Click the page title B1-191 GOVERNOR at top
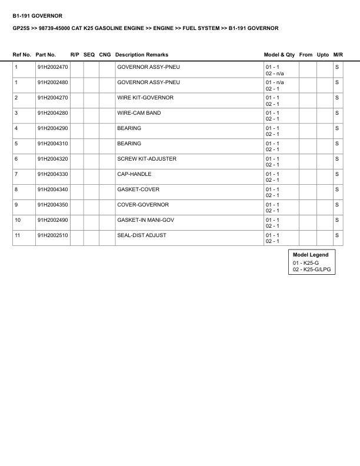[37, 15]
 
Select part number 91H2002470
[52, 67]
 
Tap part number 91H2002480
[52, 82]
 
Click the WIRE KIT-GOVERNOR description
[145, 98]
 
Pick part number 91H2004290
[52, 128]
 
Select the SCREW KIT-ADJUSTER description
[146, 159]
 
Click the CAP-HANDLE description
[134, 174]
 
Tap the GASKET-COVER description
[138, 189]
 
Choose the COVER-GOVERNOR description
[143, 205]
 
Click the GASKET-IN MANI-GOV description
[146, 220]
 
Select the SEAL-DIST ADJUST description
[142, 235]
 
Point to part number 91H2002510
[52, 235]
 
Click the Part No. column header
[46, 55]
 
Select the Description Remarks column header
[142, 55]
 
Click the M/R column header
[338, 55]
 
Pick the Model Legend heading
[311, 255]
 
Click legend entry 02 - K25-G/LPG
[311, 269]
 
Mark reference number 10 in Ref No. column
[18, 220]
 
